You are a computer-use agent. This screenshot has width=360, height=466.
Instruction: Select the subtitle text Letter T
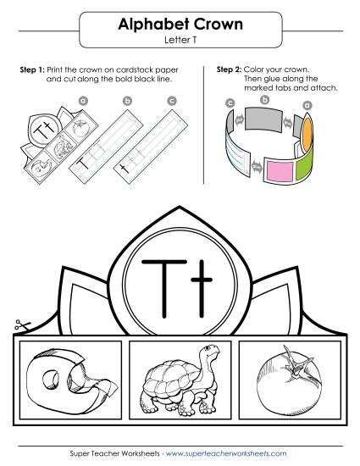[x=180, y=40]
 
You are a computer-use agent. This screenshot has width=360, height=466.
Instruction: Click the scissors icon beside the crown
[x=19, y=324]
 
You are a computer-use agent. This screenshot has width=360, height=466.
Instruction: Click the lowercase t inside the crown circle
[x=198, y=280]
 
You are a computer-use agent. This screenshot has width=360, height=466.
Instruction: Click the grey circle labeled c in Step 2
[x=230, y=103]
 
